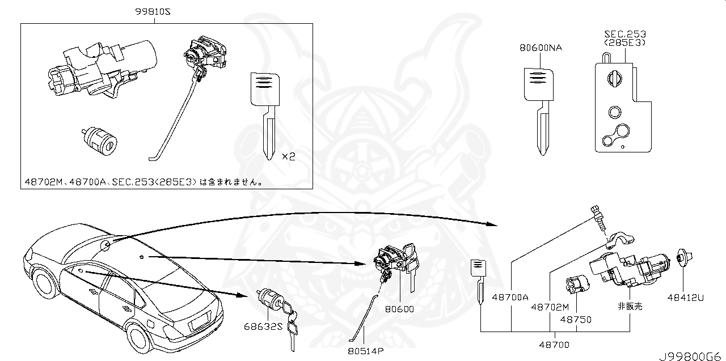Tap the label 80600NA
541,48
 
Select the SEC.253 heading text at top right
624,35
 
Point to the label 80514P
366,350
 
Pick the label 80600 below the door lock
400,309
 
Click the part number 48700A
510,296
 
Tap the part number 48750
576,320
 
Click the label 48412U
685,296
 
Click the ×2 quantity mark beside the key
289,156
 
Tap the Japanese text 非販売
630,306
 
